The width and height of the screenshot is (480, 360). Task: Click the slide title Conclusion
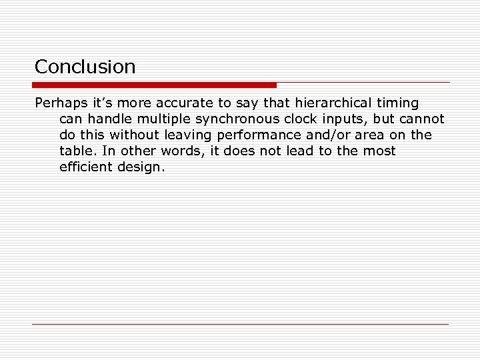(x=85, y=67)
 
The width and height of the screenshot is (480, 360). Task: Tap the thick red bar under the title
(x=154, y=85)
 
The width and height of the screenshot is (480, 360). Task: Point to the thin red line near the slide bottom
(x=240, y=324)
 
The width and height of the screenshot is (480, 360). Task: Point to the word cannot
(x=421, y=119)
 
